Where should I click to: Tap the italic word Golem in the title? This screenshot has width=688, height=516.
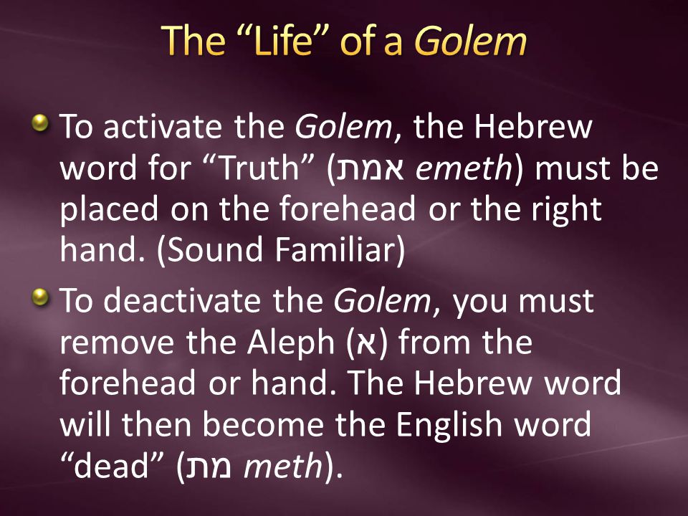click(x=470, y=41)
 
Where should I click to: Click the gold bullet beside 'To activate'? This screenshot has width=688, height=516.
click(x=44, y=123)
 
